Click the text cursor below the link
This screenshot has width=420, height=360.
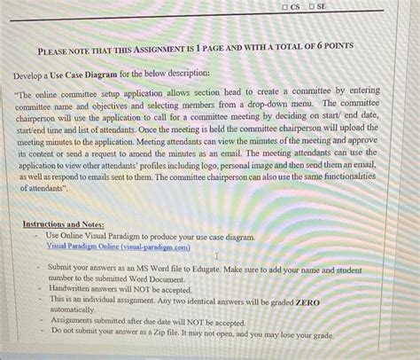(x=215, y=256)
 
